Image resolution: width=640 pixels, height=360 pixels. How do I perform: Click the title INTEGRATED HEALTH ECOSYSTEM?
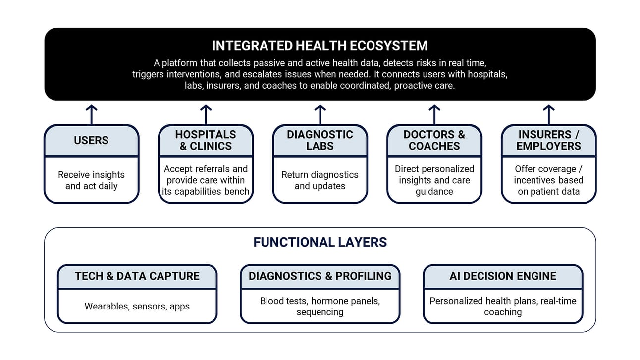[x=320, y=46]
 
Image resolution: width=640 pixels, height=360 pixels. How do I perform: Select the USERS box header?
[x=91, y=140]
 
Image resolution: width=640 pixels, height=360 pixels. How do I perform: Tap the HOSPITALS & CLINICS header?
[x=206, y=140]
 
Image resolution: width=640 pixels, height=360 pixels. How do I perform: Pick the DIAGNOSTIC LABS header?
[x=320, y=140]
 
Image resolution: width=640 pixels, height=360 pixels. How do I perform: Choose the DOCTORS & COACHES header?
[x=434, y=140]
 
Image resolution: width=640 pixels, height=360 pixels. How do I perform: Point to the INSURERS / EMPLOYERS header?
[x=548, y=140]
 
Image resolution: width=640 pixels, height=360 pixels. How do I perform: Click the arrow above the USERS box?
[x=92, y=115]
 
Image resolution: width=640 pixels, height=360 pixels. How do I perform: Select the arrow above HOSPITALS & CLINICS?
[x=206, y=115]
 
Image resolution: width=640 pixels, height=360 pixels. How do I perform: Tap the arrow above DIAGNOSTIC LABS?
[x=320, y=115]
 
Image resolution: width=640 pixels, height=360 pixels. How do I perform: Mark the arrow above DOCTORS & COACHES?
[x=434, y=115]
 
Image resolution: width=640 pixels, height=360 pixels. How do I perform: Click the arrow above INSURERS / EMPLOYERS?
[x=548, y=115]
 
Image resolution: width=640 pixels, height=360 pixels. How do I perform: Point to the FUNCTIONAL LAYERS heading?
[x=320, y=242]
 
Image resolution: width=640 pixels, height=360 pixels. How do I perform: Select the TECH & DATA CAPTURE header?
[x=137, y=276]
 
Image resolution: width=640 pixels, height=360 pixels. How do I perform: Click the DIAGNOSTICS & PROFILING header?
[x=320, y=276]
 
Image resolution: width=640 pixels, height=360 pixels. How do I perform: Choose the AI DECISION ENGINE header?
[x=503, y=276]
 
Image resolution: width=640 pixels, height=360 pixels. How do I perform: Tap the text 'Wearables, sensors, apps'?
[x=137, y=307]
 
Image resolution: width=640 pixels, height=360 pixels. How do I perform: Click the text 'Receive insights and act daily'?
[x=92, y=180]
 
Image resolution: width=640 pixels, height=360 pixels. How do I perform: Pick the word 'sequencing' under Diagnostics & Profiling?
[x=320, y=312]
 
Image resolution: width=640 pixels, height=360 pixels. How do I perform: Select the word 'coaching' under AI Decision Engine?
[x=503, y=312]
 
